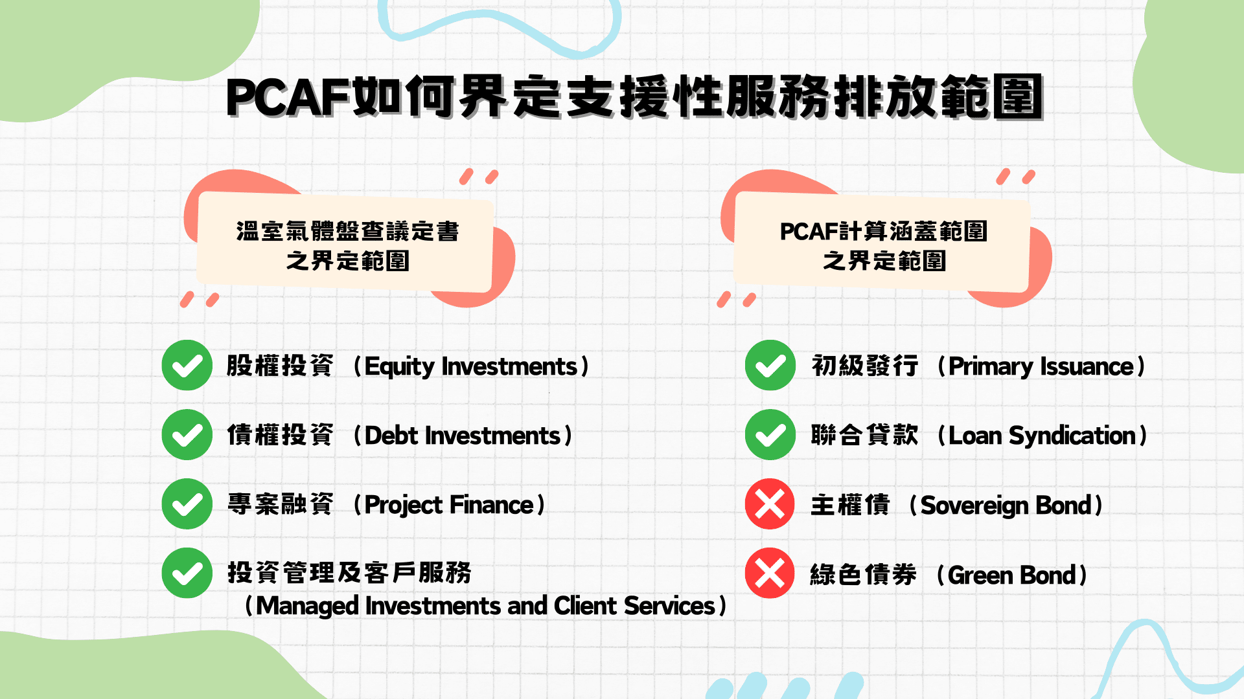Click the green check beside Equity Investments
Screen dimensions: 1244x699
[x=187, y=365]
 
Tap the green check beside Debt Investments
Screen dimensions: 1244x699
[x=187, y=434]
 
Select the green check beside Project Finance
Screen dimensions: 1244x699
[x=187, y=504]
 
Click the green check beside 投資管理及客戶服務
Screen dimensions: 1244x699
[x=187, y=573]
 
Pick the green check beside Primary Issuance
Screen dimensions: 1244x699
[x=770, y=365]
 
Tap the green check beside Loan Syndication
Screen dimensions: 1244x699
[x=770, y=434]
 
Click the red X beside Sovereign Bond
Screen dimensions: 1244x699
[x=770, y=504]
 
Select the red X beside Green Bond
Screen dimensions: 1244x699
[x=770, y=573]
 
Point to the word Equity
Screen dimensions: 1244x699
[x=400, y=367]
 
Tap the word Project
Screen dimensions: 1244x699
[x=403, y=505]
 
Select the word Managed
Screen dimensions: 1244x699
[x=308, y=606]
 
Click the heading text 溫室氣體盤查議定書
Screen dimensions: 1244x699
[x=347, y=231]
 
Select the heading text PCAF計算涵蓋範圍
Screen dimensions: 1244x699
[x=884, y=231]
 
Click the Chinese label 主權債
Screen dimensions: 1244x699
[x=851, y=505]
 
